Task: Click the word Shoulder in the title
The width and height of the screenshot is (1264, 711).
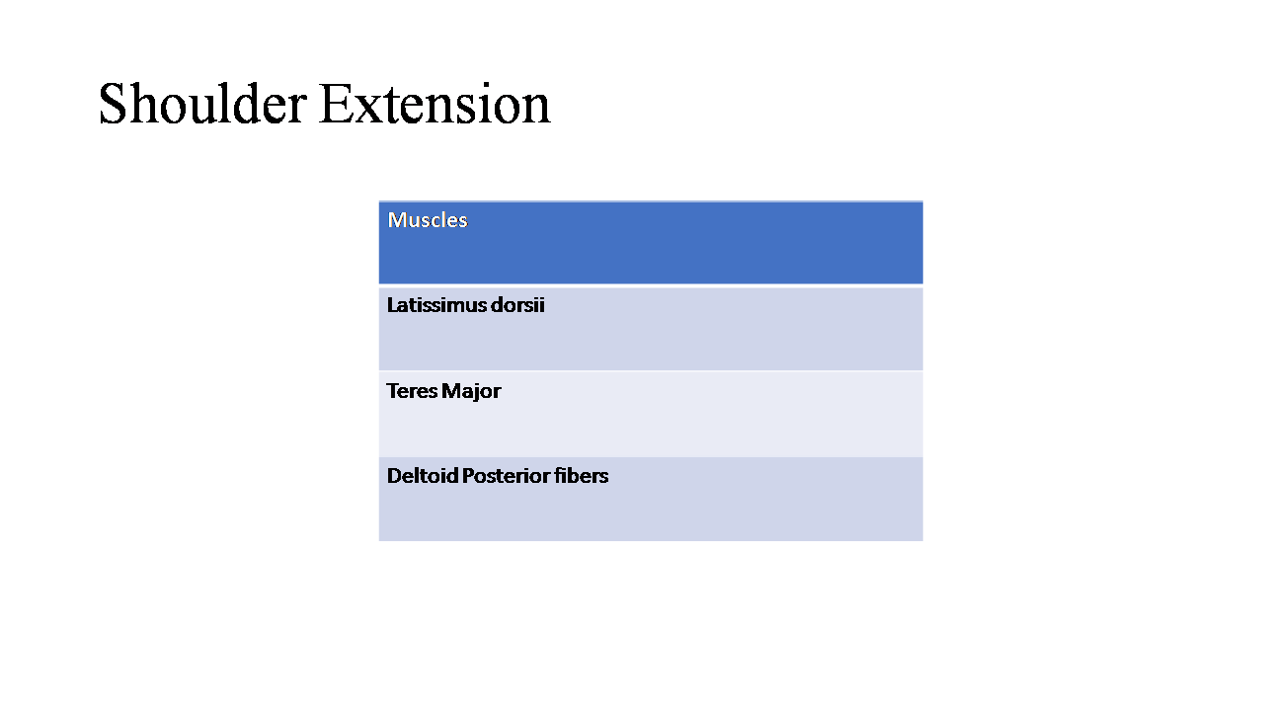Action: [202, 104]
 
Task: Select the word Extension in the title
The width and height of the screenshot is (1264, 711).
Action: [434, 104]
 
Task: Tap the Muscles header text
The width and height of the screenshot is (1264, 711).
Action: [428, 220]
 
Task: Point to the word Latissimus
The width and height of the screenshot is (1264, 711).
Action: [436, 305]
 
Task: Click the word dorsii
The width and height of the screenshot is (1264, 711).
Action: [517, 305]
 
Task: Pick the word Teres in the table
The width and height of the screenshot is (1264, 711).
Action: [412, 391]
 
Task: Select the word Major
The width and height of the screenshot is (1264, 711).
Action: [471, 392]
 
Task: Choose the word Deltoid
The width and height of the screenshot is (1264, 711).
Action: [422, 476]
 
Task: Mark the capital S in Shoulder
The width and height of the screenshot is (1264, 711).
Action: [112, 104]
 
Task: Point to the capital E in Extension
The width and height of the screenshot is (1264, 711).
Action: [335, 104]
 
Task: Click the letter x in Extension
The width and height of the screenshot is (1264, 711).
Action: [365, 110]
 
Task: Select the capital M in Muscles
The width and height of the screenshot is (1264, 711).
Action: [397, 220]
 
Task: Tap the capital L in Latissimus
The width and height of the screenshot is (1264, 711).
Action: [392, 305]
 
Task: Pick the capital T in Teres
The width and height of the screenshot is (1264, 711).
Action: [393, 391]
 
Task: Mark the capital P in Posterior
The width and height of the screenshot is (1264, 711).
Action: [468, 476]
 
